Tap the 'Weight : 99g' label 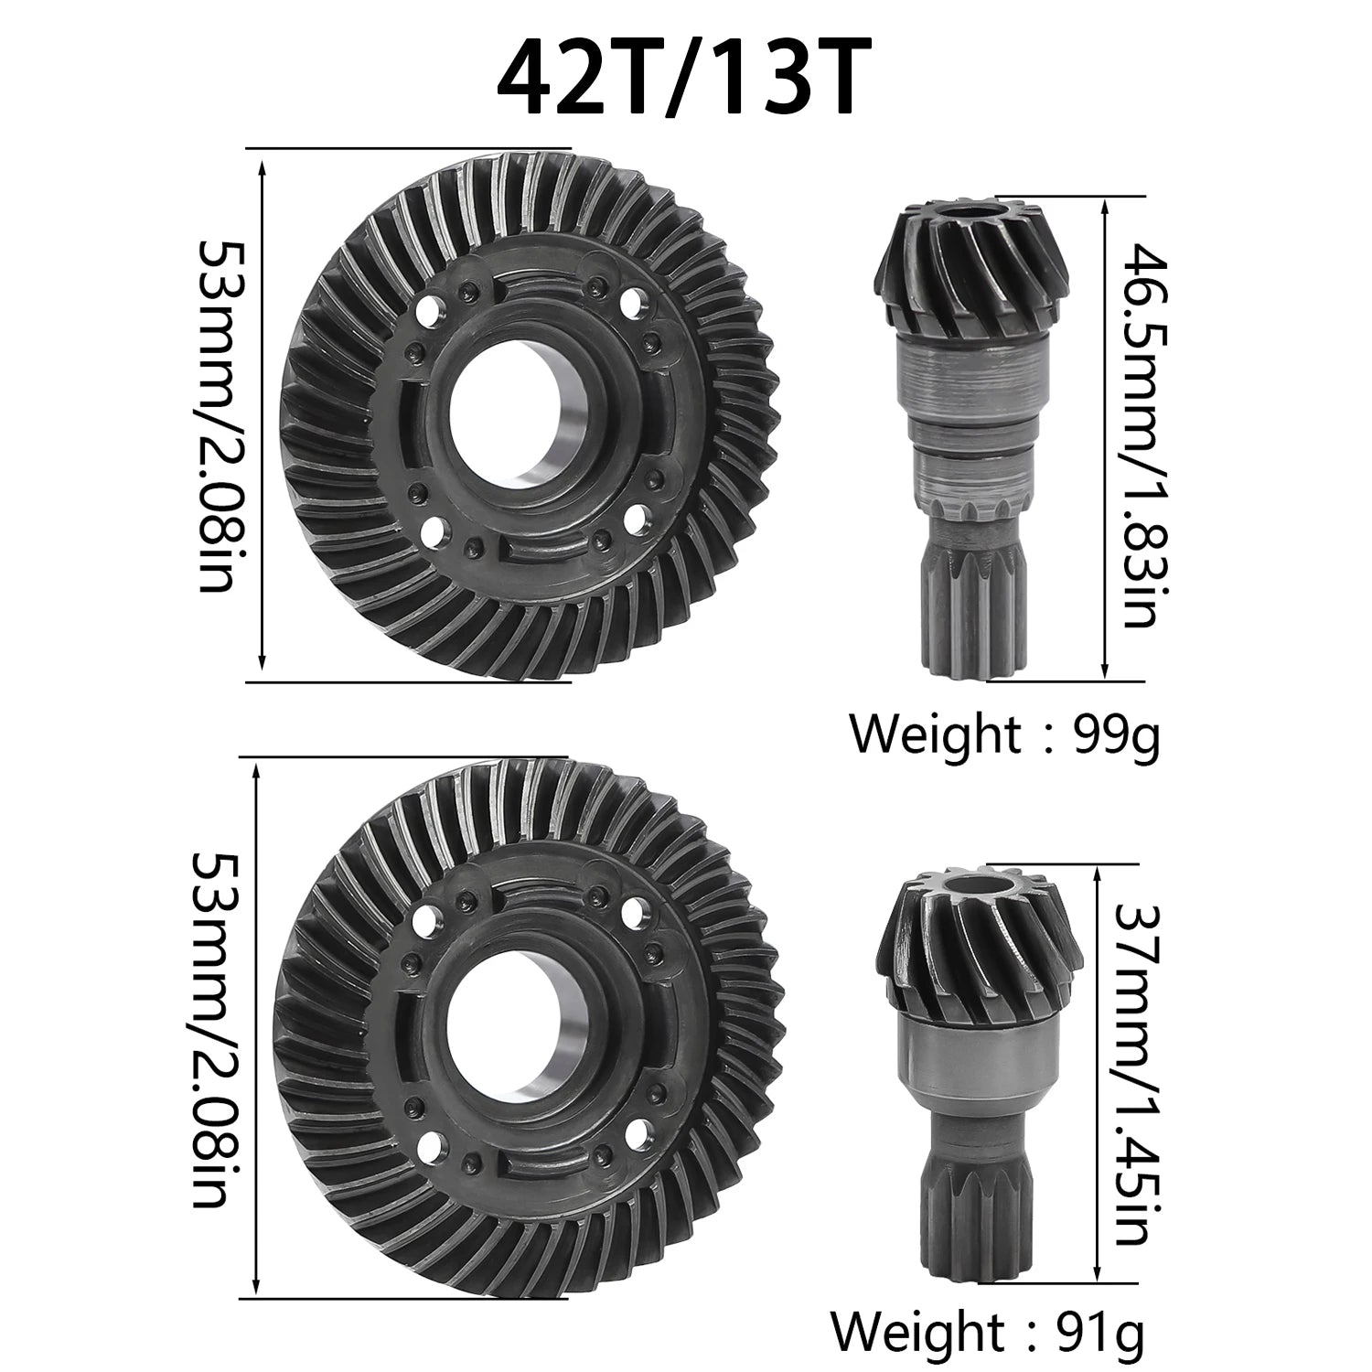pyautogui.click(x=1003, y=734)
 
